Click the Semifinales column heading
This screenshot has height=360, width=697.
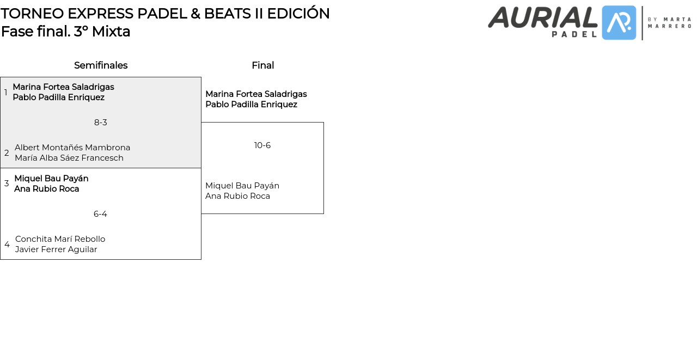tap(101, 65)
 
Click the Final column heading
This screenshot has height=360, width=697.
tap(263, 65)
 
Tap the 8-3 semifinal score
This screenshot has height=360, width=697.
tap(101, 123)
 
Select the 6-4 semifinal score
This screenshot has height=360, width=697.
tap(100, 213)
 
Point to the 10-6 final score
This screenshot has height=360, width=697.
tap(262, 145)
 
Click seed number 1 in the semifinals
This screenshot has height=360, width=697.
tap(5, 92)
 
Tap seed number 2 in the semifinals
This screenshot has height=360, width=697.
tap(7, 153)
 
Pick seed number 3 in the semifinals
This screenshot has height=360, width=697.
tap(7, 183)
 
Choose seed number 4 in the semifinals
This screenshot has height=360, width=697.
tap(7, 244)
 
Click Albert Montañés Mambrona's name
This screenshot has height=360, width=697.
tap(72, 148)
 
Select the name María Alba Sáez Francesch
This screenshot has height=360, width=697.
tap(69, 158)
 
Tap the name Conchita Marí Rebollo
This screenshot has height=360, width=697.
tap(60, 239)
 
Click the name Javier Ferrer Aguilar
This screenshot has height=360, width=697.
tap(56, 249)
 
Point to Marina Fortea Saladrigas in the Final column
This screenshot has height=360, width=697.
tap(256, 94)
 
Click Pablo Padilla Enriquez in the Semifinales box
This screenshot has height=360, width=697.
tap(58, 97)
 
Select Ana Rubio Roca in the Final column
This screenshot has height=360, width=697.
tap(237, 196)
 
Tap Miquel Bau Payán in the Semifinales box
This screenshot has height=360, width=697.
tap(51, 179)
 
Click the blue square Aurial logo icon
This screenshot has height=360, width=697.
tap(619, 23)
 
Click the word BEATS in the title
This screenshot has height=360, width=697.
tap(227, 14)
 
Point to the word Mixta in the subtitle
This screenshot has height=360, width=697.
tap(111, 32)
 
